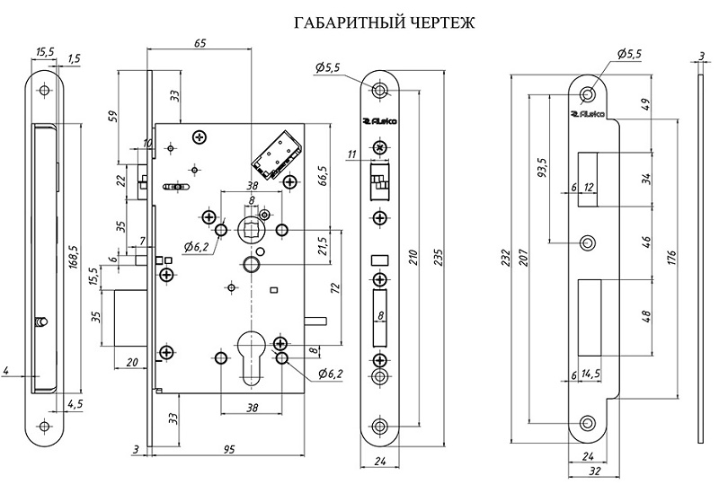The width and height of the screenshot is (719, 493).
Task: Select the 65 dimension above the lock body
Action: (200, 42)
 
